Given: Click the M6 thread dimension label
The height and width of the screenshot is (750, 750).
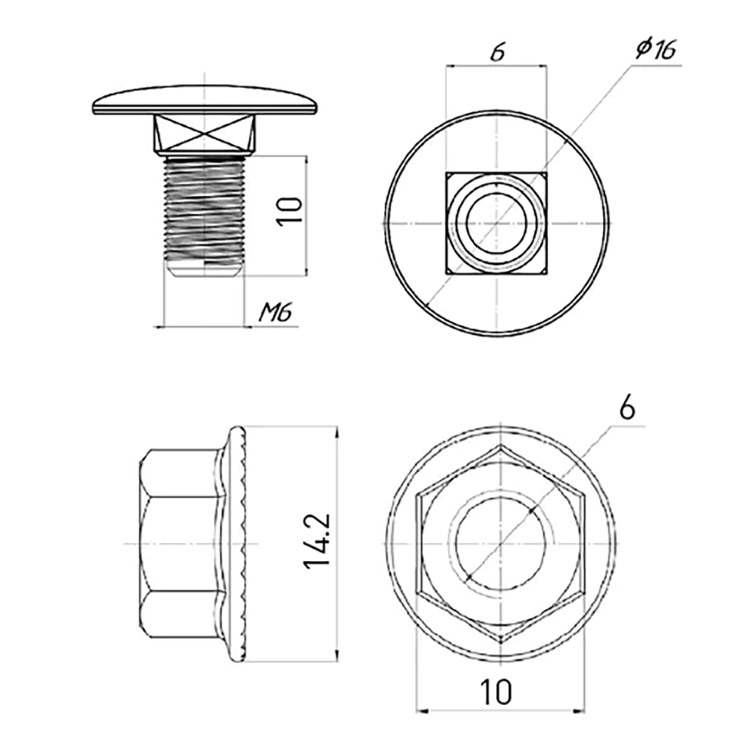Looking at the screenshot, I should [x=274, y=313].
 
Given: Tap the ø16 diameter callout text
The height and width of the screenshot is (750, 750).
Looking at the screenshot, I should [x=655, y=49].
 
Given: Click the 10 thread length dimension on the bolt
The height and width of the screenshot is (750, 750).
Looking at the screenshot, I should [x=291, y=210].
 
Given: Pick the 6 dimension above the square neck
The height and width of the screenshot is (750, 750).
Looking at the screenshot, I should [x=496, y=52].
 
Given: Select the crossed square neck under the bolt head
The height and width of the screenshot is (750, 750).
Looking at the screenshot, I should [x=204, y=133].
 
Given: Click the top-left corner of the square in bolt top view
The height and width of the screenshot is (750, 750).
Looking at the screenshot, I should [x=447, y=173].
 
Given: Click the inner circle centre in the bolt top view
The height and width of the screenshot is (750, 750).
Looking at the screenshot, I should [x=496, y=223].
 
